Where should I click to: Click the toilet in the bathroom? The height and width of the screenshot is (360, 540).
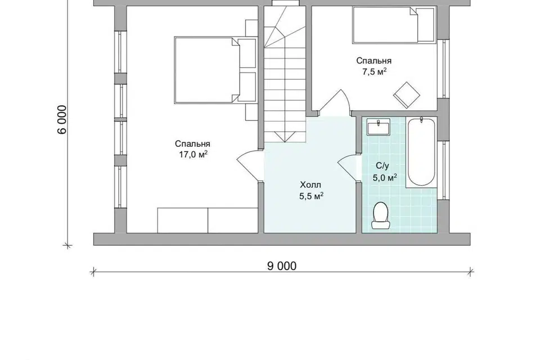[x=381, y=215]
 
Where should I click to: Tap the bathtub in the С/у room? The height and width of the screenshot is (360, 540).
[x=421, y=152]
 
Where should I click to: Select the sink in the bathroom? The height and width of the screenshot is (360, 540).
[x=378, y=127]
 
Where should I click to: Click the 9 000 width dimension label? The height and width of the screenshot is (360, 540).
[x=282, y=266]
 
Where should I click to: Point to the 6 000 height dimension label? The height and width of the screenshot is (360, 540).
[x=62, y=120]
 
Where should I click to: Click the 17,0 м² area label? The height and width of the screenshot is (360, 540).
[x=193, y=154]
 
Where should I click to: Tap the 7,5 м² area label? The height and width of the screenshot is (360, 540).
[x=373, y=71]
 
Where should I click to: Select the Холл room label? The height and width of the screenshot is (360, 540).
[x=310, y=184]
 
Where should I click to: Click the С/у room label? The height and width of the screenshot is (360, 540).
[x=382, y=166]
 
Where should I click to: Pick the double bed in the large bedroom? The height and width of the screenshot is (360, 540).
[x=206, y=70]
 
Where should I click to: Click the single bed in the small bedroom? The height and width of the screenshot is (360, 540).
[x=393, y=25]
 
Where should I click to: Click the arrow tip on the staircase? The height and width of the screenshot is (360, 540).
[x=285, y=142]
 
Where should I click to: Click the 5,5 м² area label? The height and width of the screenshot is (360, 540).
[x=311, y=196]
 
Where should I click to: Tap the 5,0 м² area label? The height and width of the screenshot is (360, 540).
[x=385, y=178]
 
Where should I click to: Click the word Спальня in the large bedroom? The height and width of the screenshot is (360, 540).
[x=192, y=143]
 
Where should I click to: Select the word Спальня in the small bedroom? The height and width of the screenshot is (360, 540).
[x=373, y=61]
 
